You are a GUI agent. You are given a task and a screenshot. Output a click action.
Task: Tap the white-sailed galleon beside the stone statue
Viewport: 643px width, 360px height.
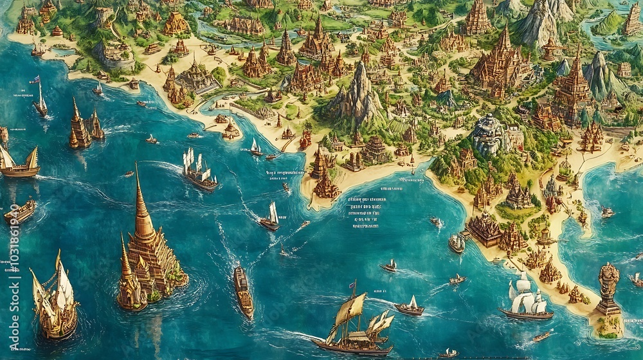point(526,300)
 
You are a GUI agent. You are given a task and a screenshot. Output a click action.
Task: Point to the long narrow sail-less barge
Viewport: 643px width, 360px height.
point(243,291)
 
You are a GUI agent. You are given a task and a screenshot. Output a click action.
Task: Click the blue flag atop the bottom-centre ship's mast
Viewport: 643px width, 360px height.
point(352,283)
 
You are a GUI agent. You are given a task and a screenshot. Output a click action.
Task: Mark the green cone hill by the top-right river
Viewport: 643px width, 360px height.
point(607,23)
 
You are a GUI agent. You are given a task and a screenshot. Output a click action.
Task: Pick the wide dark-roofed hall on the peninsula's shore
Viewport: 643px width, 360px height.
point(484,230)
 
